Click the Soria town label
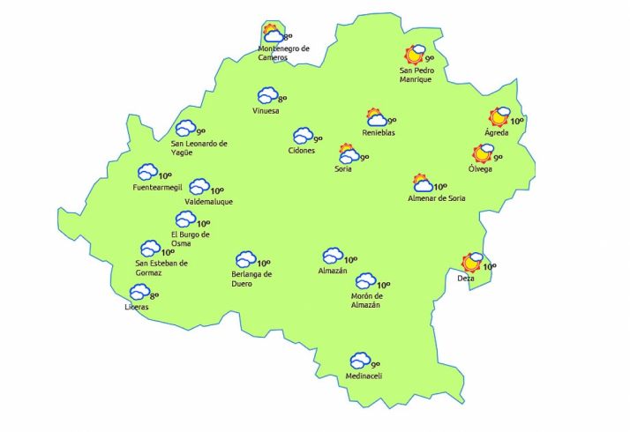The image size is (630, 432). [x=342, y=169]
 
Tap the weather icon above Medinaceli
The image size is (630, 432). [x=359, y=361]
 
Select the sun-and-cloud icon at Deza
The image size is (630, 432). [x=473, y=262]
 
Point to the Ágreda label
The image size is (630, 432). [x=496, y=133]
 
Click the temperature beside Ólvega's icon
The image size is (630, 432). [x=498, y=158]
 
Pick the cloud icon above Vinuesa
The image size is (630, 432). [x=267, y=95]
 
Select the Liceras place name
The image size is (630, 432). [x=136, y=307]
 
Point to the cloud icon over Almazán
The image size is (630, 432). [x=332, y=256]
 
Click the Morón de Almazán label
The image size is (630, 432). [x=365, y=300]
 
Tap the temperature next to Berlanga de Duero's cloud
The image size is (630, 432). [x=263, y=262]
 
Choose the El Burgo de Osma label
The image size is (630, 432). [x=190, y=239]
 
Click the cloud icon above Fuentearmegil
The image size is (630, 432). [x=146, y=172]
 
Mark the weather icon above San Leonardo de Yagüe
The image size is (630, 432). [x=184, y=129]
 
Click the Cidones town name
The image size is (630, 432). [x=301, y=151]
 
